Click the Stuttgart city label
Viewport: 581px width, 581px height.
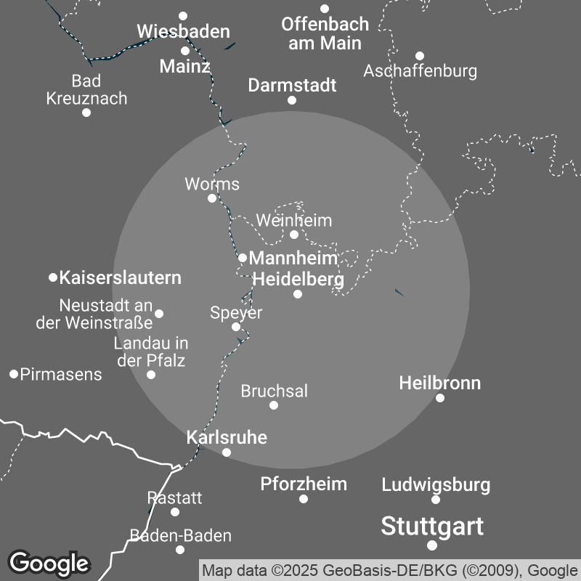pyautogui.click(x=431, y=526)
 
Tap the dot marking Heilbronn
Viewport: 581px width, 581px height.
pyautogui.click(x=440, y=397)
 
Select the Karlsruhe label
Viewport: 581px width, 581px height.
pyautogui.click(x=227, y=437)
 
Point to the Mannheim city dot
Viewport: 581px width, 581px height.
pyautogui.click(x=243, y=258)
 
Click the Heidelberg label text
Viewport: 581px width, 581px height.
pyautogui.click(x=297, y=279)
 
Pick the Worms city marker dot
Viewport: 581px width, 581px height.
pyautogui.click(x=212, y=198)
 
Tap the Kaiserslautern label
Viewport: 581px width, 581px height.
pyautogui.click(x=120, y=277)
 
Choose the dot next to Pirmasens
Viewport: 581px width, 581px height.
pyautogui.click(x=14, y=374)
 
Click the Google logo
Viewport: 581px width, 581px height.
pyautogui.click(x=49, y=563)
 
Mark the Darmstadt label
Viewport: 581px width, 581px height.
pyautogui.click(x=292, y=85)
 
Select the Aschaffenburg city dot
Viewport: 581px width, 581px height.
pyautogui.click(x=420, y=56)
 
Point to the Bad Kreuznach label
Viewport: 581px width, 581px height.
pyautogui.click(x=86, y=89)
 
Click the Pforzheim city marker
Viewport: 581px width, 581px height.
pyautogui.click(x=304, y=499)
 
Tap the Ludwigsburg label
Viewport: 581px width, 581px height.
pyautogui.click(x=436, y=484)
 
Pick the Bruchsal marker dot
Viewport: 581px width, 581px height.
pyautogui.click(x=274, y=405)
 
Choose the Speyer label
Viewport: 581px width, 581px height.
pyautogui.click(x=236, y=313)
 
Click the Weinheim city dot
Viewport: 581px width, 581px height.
pyautogui.click(x=294, y=234)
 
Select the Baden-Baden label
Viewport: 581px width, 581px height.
pyautogui.click(x=180, y=536)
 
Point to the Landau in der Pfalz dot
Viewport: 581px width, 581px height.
pyautogui.click(x=151, y=375)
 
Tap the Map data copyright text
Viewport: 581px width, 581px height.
pyautogui.click(x=389, y=570)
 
